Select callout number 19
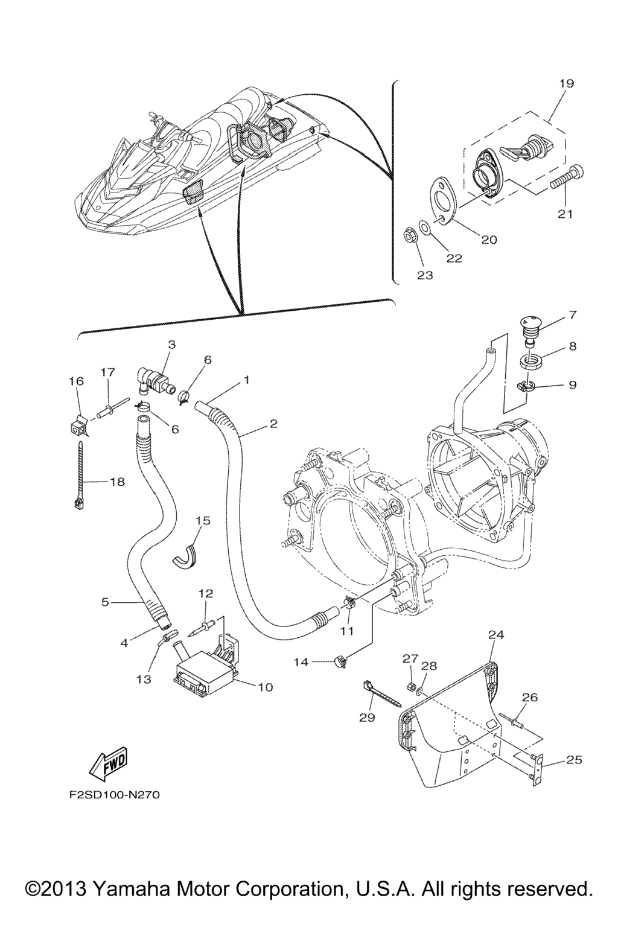566,84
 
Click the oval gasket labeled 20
445,201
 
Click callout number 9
572,385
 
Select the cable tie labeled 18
79,476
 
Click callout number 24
496,634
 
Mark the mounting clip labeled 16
77,425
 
